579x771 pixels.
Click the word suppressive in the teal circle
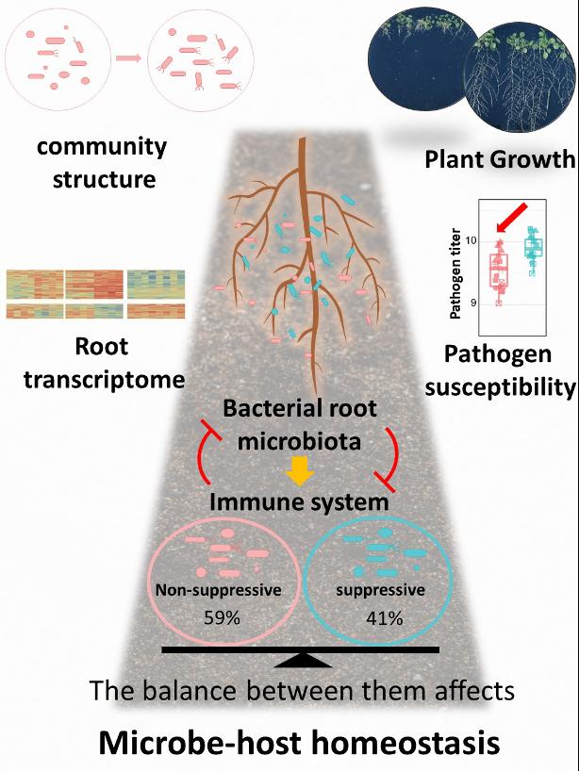380,591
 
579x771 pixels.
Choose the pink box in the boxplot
499,270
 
